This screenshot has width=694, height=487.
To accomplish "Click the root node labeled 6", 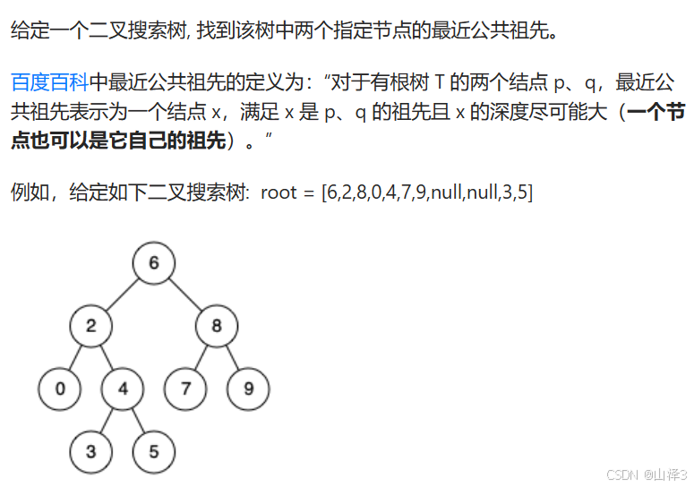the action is pos(154,263).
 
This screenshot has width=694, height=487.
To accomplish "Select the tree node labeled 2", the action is pos(91,326).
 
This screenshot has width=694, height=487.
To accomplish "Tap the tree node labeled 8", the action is pos(217,326).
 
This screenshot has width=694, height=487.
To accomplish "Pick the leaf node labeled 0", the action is pos(60,389).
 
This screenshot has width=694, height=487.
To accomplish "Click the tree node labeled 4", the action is pos(123,389).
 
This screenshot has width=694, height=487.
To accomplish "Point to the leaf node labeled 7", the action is pos(185,389).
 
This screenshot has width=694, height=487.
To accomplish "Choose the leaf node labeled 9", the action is pos(248,389).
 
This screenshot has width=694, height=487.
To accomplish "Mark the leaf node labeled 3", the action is pos(91,451).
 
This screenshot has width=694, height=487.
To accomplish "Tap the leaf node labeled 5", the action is pos(154,451).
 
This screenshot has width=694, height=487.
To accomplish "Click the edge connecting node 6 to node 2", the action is pos(123,295).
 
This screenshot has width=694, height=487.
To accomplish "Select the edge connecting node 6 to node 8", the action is pos(185,295).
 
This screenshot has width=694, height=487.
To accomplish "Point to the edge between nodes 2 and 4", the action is pos(107,357).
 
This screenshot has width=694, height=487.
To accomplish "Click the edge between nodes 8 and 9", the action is pos(233,357).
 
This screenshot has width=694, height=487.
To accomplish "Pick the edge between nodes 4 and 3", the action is pos(107,420).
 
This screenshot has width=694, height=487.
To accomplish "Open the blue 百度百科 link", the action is pos(49,84).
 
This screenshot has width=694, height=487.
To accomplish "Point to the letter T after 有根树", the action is pos(439,84).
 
